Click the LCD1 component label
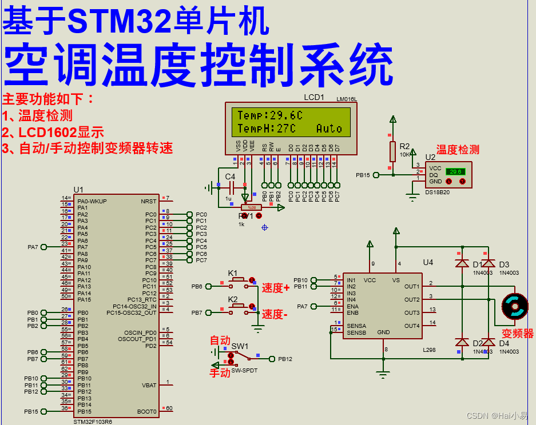click(x=314, y=97)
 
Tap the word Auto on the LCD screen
click(x=329, y=129)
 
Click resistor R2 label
click(x=405, y=146)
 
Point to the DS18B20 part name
click(x=438, y=193)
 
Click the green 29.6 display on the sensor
click(x=455, y=171)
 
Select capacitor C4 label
click(x=230, y=177)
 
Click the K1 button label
click(x=233, y=272)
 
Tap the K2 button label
click(x=233, y=299)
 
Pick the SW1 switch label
click(x=240, y=347)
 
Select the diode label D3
click(x=504, y=264)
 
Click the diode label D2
click(x=477, y=343)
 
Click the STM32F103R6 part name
click(x=93, y=422)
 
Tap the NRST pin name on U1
click(x=148, y=201)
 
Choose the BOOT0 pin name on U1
click(x=147, y=411)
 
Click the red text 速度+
click(x=276, y=288)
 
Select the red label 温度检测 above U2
click(x=458, y=150)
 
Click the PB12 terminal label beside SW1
click(x=285, y=359)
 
